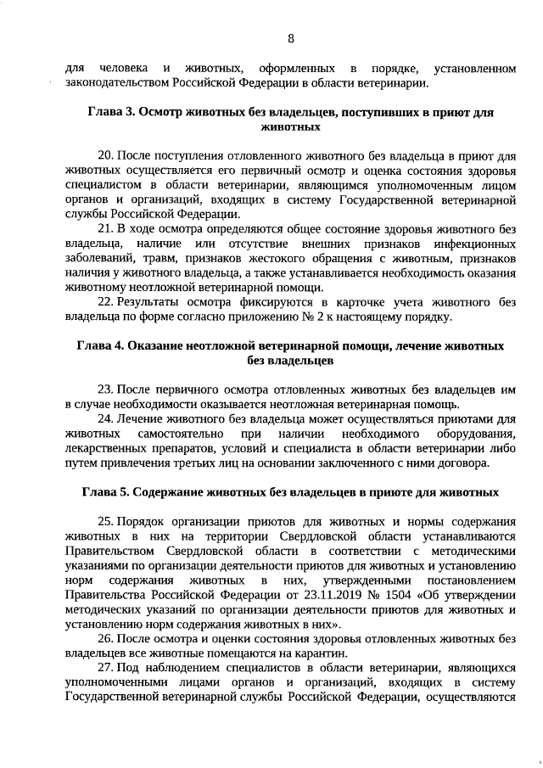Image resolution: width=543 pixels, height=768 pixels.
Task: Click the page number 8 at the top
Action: pyautogui.click(x=291, y=38)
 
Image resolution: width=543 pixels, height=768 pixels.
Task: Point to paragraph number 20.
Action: pyautogui.click(x=106, y=156)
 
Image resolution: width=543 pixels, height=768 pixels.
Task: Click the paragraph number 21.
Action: pyautogui.click(x=106, y=229)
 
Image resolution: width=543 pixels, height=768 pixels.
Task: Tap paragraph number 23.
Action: pyautogui.click(x=106, y=390)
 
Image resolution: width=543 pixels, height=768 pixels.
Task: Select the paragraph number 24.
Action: pyautogui.click(x=106, y=419)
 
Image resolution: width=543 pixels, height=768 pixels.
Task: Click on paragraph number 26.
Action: pyautogui.click(x=106, y=638)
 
